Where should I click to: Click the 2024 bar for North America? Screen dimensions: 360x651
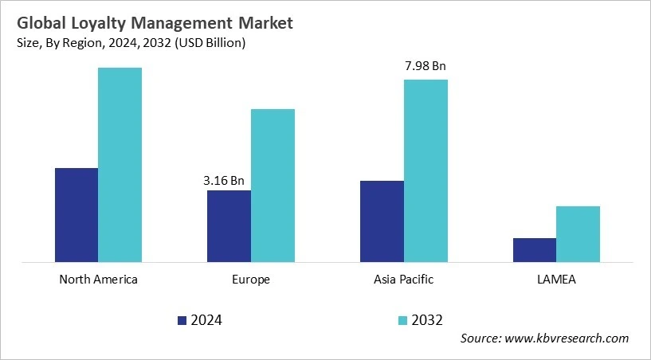[76, 214]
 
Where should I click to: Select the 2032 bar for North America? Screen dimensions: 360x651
[120, 164]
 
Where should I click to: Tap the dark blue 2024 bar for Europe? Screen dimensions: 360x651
[229, 225]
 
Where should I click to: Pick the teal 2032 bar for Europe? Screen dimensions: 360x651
[273, 185]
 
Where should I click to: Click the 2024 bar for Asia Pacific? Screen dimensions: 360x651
[382, 221]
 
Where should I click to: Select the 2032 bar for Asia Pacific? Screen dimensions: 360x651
[426, 170]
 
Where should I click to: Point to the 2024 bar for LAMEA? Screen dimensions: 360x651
[534, 249]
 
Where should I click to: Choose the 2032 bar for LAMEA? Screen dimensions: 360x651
[578, 233]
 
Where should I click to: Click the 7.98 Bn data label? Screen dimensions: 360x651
[426, 66]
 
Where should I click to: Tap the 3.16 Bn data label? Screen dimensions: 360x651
[224, 180]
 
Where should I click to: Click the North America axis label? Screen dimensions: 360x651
[98, 280]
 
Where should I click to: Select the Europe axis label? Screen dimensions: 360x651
[251, 280]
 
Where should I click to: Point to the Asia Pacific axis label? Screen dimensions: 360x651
[403, 280]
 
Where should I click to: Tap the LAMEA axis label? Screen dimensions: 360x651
[556, 280]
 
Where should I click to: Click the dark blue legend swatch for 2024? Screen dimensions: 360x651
[182, 320]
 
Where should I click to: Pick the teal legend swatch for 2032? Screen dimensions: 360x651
[402, 320]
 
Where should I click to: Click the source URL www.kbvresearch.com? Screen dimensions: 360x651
[568, 338]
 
